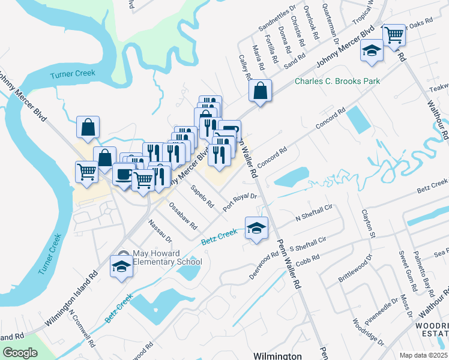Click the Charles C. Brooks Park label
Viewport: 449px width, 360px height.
pyautogui.click(x=337, y=81)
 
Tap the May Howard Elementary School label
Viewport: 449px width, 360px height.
pyautogui.click(x=163, y=257)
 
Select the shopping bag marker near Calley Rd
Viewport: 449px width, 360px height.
pyautogui.click(x=261, y=91)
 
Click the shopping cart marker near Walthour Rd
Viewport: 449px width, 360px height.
pyautogui.click(x=394, y=34)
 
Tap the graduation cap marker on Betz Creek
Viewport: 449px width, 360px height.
pyautogui.click(x=256, y=228)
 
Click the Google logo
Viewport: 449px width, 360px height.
pyautogui.click(x=20, y=353)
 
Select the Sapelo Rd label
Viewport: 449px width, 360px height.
pyautogui.click(x=202, y=196)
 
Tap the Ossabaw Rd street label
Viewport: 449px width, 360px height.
pyautogui.click(x=183, y=217)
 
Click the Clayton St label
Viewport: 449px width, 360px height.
pyautogui.click(x=367, y=222)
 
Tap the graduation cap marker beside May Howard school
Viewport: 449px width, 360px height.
pyautogui.click(x=122, y=266)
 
